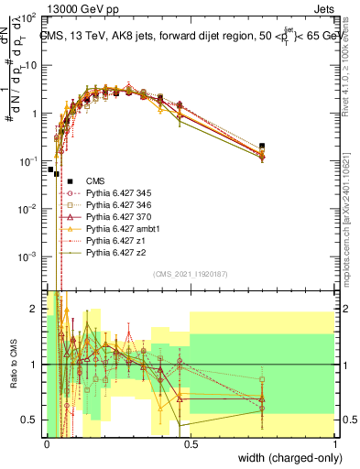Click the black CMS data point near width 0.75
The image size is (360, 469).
(262, 146)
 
